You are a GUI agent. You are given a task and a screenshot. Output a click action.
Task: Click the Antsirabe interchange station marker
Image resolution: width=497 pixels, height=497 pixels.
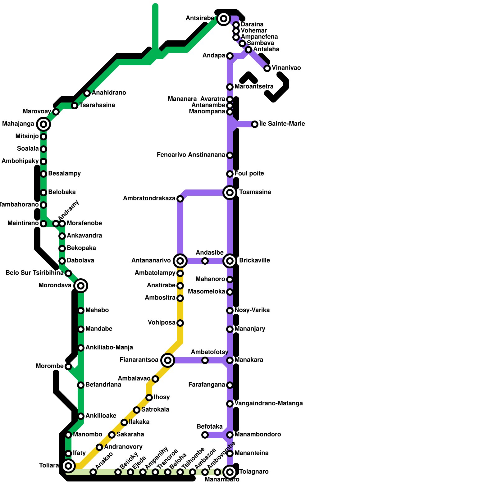(223, 19)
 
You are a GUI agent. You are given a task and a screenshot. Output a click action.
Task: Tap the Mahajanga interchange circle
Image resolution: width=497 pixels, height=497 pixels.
(43, 124)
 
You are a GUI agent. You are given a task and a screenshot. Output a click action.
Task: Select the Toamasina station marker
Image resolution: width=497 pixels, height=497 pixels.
(230, 193)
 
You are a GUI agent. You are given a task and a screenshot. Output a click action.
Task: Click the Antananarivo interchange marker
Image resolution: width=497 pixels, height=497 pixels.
(180, 261)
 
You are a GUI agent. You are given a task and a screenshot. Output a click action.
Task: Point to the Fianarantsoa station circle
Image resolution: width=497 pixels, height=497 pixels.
(168, 360)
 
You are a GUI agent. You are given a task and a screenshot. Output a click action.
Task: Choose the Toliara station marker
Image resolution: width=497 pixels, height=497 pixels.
(68, 466)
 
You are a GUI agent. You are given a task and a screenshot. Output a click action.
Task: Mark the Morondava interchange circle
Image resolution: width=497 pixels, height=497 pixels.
(81, 286)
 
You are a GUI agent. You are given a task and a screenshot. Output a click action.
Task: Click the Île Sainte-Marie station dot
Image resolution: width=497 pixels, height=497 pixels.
(255, 124)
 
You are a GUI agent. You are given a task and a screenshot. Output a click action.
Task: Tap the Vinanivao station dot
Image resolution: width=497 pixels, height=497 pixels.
(267, 68)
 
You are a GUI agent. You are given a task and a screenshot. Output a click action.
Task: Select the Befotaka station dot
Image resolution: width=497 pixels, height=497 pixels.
(205, 435)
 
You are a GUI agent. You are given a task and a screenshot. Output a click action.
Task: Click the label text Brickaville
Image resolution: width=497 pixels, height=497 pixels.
(254, 260)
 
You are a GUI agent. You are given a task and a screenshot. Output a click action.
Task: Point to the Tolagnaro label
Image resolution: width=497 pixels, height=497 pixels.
(254, 472)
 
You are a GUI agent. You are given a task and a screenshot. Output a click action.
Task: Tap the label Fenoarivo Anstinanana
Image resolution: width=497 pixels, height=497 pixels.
(191, 155)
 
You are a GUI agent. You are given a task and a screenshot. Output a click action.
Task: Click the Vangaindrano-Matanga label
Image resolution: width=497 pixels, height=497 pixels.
(269, 403)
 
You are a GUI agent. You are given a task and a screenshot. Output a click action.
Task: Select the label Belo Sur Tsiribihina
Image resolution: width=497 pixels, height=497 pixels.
(34, 273)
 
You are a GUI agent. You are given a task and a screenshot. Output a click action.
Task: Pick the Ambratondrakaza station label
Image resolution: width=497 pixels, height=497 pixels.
(149, 198)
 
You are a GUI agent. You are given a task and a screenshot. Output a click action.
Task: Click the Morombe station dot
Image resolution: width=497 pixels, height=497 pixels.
(68, 367)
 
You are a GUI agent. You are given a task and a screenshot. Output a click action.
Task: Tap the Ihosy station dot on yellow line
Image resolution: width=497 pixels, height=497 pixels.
(149, 398)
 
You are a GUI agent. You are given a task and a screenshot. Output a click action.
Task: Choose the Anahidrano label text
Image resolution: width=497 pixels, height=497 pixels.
(109, 93)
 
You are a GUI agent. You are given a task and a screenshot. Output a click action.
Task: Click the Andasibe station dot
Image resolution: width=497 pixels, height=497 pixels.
(205, 261)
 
